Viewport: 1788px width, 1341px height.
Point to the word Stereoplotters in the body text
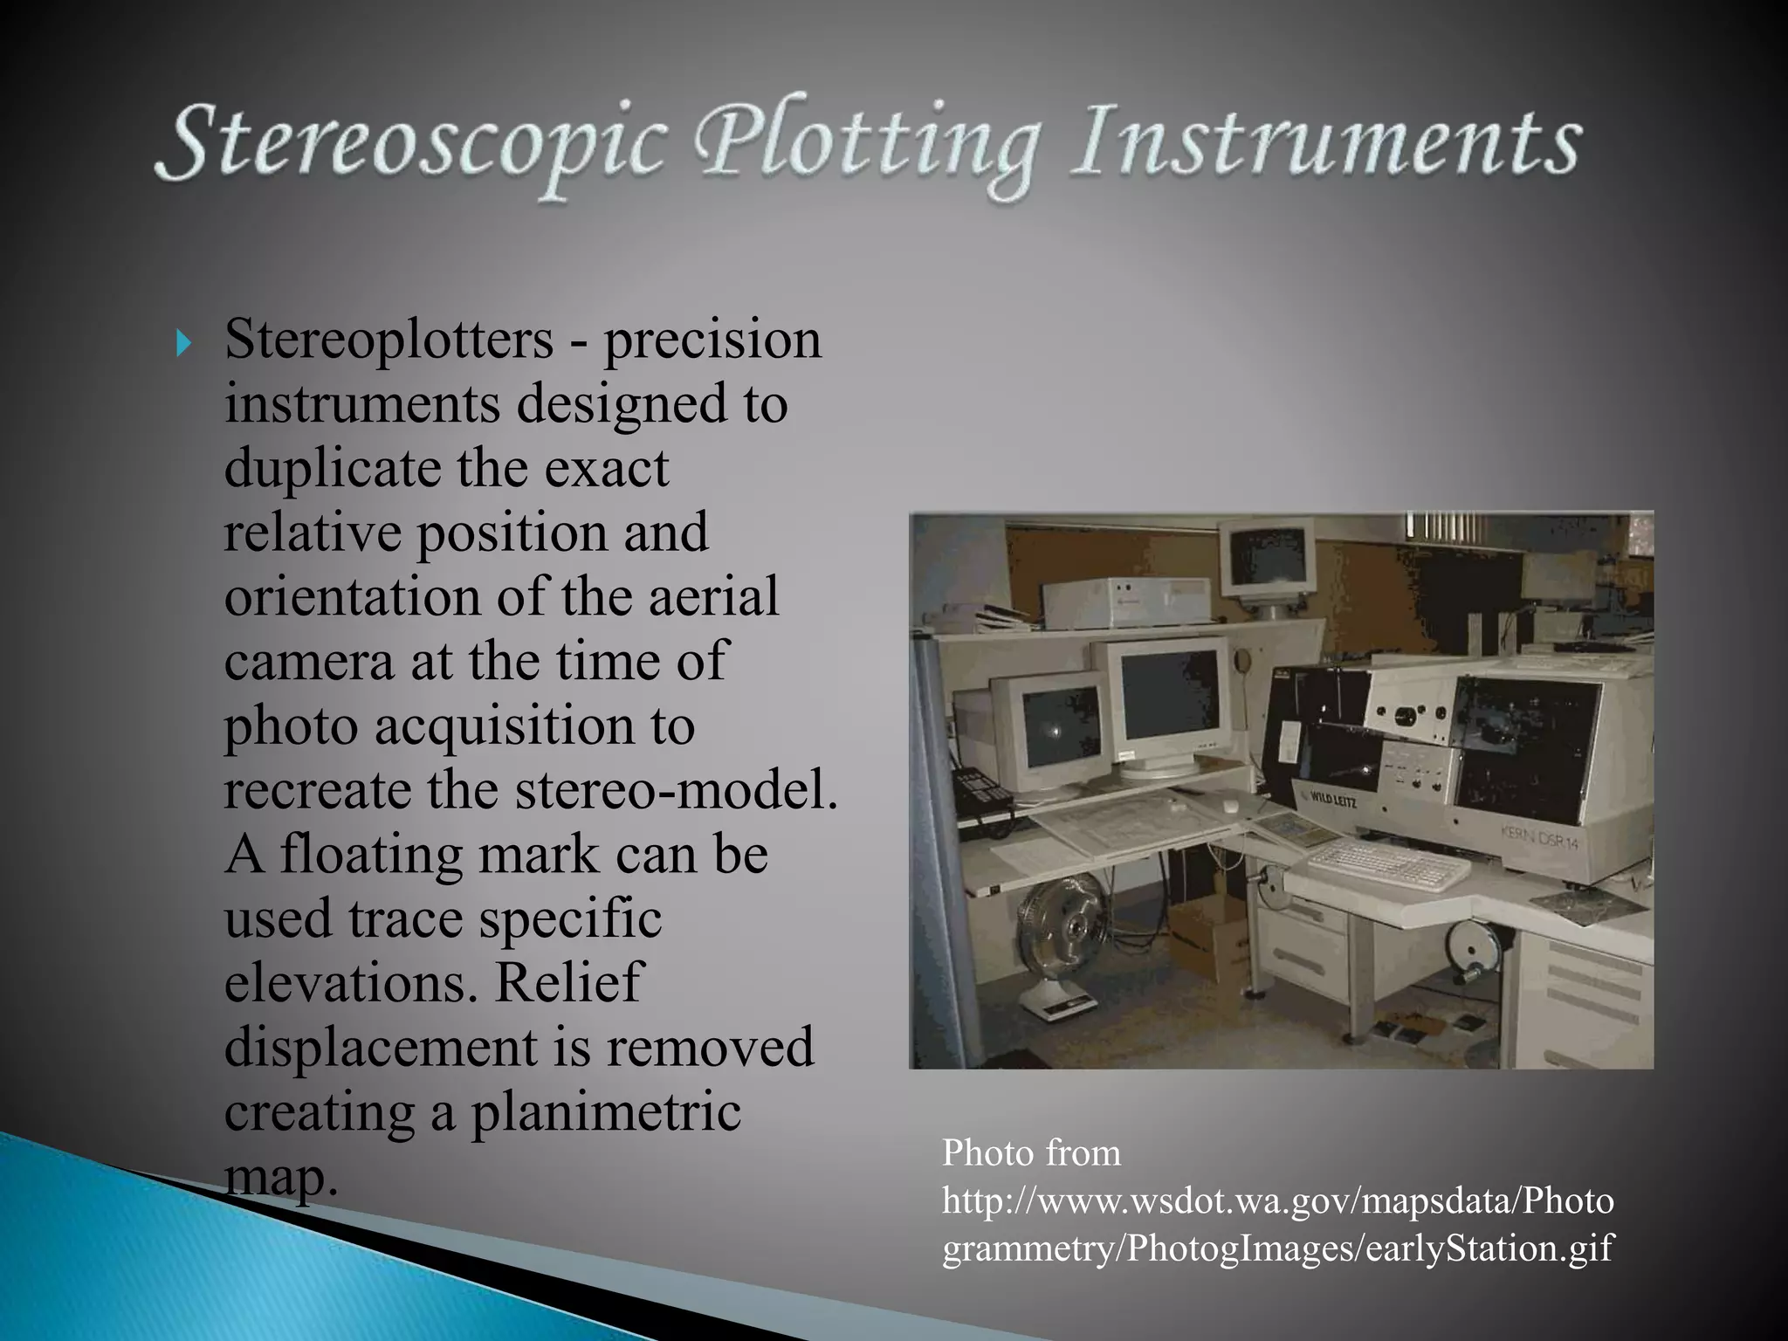click(x=389, y=340)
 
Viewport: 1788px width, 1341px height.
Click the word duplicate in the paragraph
click(x=332, y=469)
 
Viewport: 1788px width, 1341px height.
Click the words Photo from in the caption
click(x=1031, y=1154)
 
